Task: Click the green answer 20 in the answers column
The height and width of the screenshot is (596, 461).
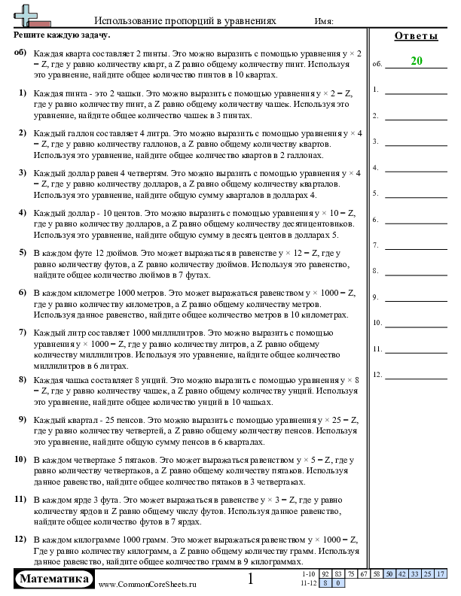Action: pyautogui.click(x=416, y=62)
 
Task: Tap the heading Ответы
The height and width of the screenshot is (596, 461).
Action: pyautogui.click(x=415, y=36)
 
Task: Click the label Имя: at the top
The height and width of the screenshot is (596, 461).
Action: pyautogui.click(x=322, y=23)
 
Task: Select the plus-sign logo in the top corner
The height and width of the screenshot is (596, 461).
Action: pyautogui.click(x=26, y=15)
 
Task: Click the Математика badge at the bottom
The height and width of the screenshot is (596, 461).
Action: pyautogui.click(x=54, y=579)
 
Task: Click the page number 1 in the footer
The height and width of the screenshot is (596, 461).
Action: pyautogui.click(x=251, y=579)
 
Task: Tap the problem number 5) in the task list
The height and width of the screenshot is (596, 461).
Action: pyautogui.click(x=23, y=254)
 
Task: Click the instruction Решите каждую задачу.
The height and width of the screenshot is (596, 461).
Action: pyautogui.click(x=63, y=35)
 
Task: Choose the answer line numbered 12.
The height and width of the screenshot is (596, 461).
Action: pyautogui.click(x=416, y=376)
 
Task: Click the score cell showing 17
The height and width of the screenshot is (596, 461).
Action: pyautogui.click(x=440, y=574)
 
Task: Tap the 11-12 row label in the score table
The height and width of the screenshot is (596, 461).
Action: pyautogui.click(x=308, y=582)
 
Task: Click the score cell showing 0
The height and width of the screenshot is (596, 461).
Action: pyautogui.click(x=338, y=582)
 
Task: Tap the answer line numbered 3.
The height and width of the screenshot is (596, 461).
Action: pyautogui.click(x=416, y=142)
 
